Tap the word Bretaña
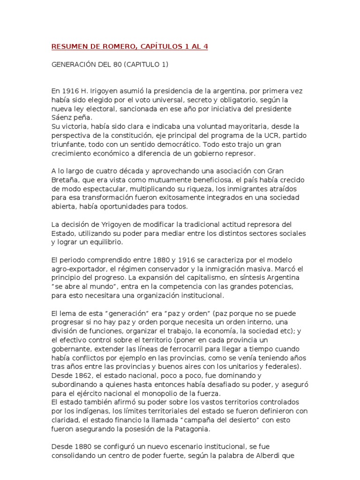click(65, 180)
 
